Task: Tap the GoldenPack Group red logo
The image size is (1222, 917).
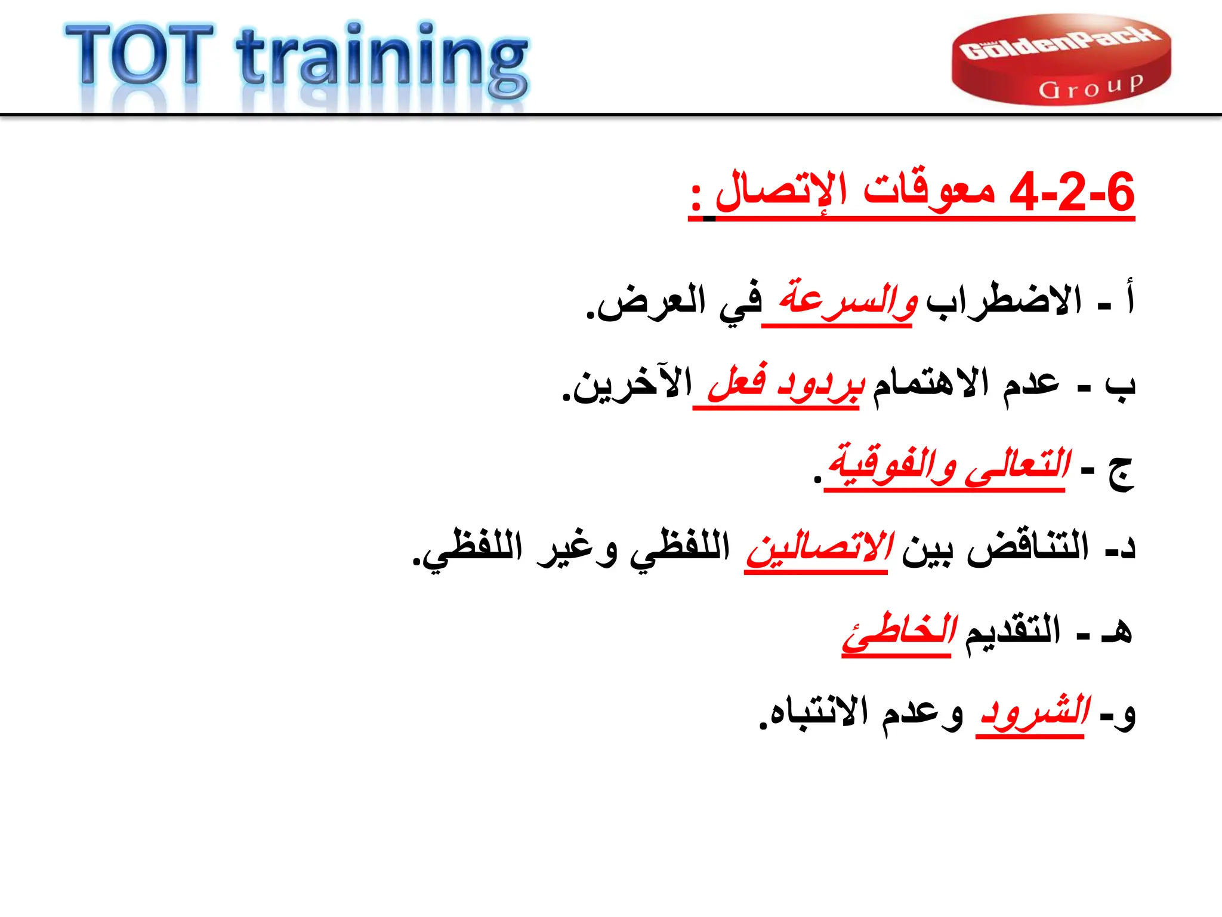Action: coord(1061,60)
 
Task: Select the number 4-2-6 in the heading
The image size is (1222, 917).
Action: coord(1072,192)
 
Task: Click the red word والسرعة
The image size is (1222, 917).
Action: coord(847,299)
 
